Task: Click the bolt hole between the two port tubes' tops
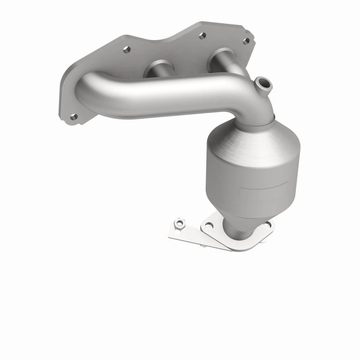pos(202,34)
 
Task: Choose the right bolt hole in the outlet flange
pos(269,224)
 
